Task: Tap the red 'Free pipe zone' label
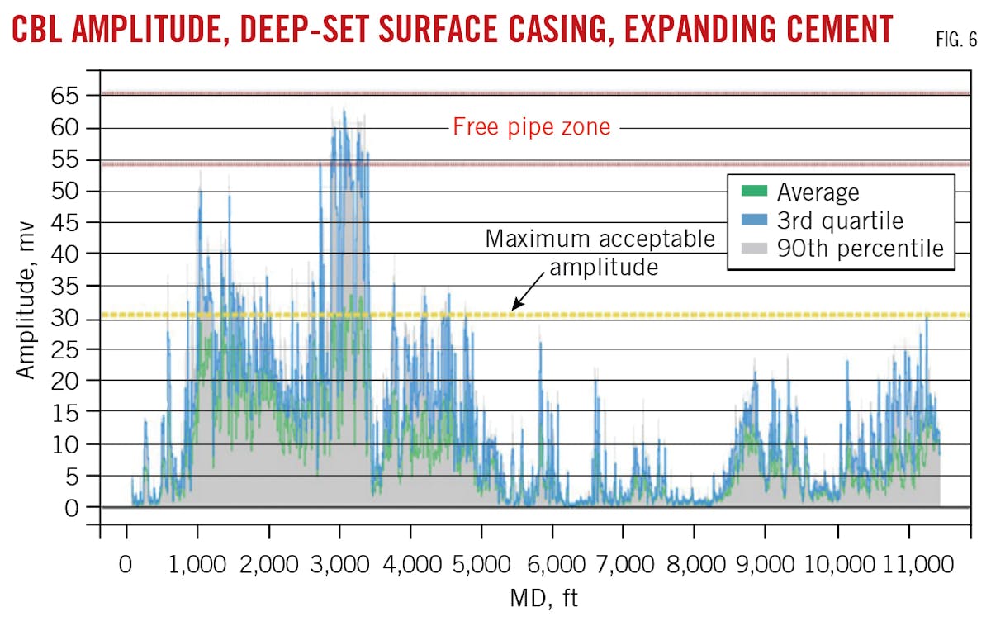click(531, 128)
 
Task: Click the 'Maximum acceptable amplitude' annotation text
click(600, 253)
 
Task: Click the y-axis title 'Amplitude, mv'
click(26, 300)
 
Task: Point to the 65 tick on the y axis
click(72, 97)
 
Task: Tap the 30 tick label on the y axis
click(72, 317)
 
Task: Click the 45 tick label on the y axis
click(72, 223)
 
